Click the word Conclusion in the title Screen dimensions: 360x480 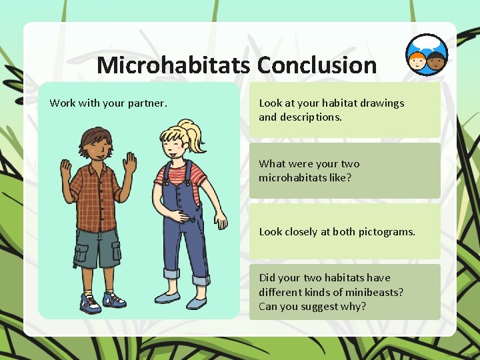pos(317,66)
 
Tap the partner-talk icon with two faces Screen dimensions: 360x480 pos(427,55)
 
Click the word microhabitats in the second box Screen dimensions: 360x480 pos(291,177)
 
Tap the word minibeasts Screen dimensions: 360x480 pos(375,292)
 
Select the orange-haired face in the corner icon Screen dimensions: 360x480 pos(418,61)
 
